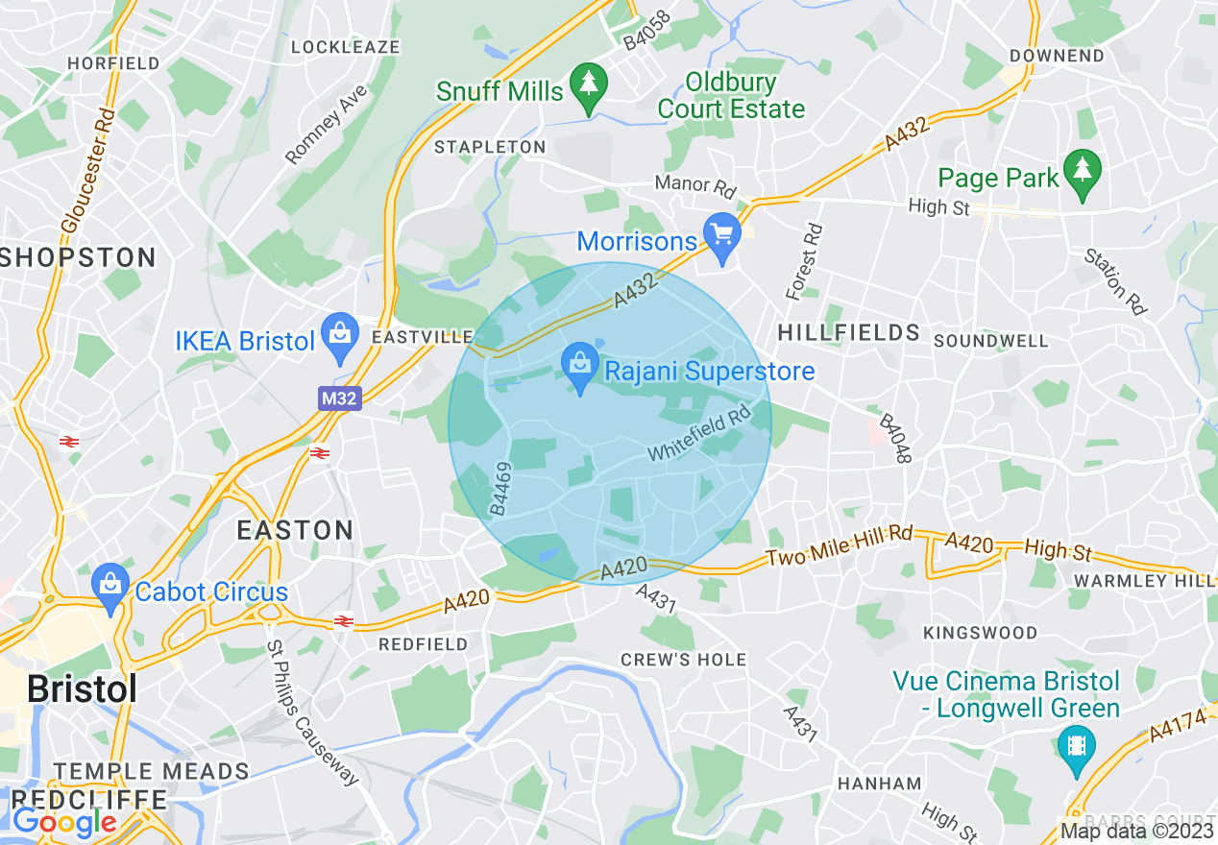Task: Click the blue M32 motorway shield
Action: click(340, 398)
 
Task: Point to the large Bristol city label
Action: click(82, 688)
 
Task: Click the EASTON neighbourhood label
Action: click(295, 530)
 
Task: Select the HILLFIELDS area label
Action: click(849, 333)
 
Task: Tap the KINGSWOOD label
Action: click(980, 633)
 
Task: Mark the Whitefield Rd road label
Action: click(698, 435)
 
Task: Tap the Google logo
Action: click(63, 822)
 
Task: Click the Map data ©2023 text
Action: click(1135, 831)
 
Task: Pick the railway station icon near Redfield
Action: click(342, 621)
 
